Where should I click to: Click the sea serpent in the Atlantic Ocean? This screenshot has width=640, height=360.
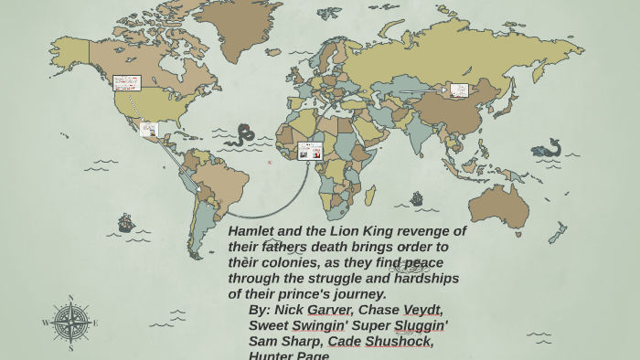coord(241,136)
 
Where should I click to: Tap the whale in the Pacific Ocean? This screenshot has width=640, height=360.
coord(547,149)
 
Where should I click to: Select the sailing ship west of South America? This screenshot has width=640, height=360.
coord(126,223)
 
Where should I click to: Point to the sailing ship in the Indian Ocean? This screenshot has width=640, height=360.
coord(416,198)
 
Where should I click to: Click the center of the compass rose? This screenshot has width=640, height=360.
coord(70,323)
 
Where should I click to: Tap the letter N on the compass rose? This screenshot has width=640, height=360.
coord(70,298)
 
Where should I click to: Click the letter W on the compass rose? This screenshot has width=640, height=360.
coord(46,323)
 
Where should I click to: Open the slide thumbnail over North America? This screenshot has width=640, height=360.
coord(126,83)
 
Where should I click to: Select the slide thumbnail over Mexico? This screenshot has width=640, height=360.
coord(149,130)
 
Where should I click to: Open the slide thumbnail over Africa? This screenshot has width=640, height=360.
coord(310,151)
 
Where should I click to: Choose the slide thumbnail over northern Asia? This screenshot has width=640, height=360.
coord(459,90)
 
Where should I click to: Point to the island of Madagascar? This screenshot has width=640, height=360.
coord(370,196)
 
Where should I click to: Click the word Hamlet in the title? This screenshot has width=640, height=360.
coord(251,231)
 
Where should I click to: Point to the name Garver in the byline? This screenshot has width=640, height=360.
coord(330,310)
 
